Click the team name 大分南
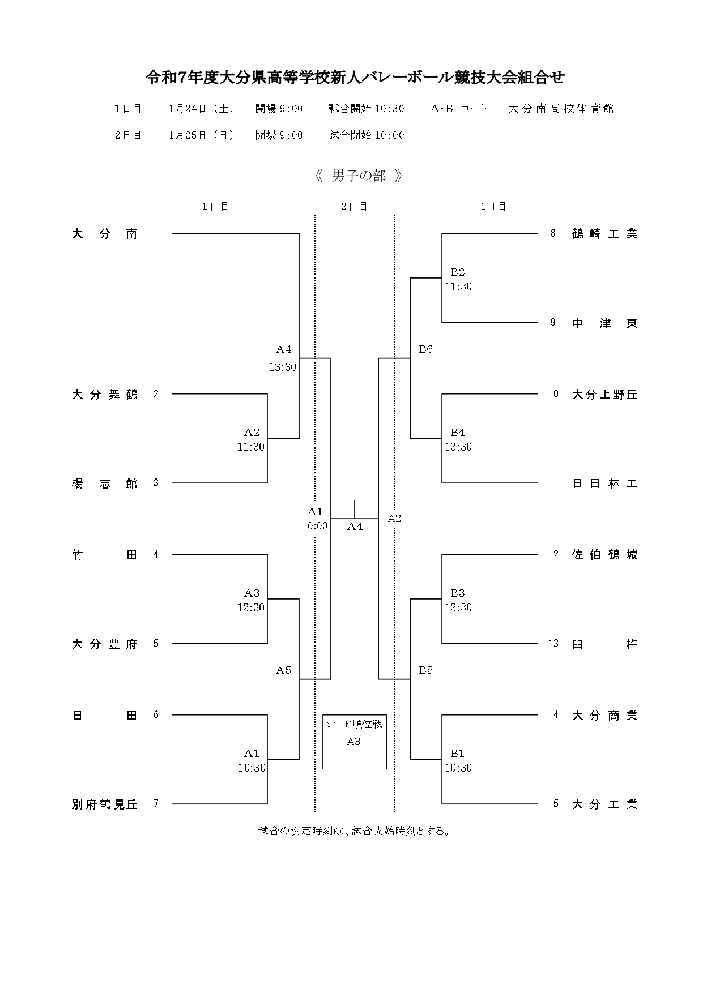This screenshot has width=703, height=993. coord(105,234)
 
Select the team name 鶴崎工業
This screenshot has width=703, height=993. coord(604,234)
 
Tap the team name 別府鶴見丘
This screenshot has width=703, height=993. coord(105,804)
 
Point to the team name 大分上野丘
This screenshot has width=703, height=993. coord(604,395)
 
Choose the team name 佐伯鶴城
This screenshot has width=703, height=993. coord(604,555)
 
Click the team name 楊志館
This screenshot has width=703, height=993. coord(105,483)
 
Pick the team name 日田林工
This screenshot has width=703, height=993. coord(604,483)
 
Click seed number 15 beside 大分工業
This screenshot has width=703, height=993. coord(553,804)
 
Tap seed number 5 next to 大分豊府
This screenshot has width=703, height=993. coord(156,644)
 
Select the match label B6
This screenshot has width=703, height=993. coord(425,349)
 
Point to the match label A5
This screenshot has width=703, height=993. coord(283,670)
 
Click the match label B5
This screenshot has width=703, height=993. coord(425,670)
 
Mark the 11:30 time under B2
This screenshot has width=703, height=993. coord(458,287)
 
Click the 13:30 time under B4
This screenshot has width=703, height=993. coord(458,447)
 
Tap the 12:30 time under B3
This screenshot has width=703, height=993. coord(458,608)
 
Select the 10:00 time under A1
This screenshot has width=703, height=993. coord(314,526)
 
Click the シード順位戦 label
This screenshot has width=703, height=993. coord(354,724)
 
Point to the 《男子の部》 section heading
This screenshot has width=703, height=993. coord(359,176)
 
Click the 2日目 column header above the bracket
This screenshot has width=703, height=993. coord(354,207)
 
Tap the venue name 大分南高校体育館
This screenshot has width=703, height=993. coord(561,109)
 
